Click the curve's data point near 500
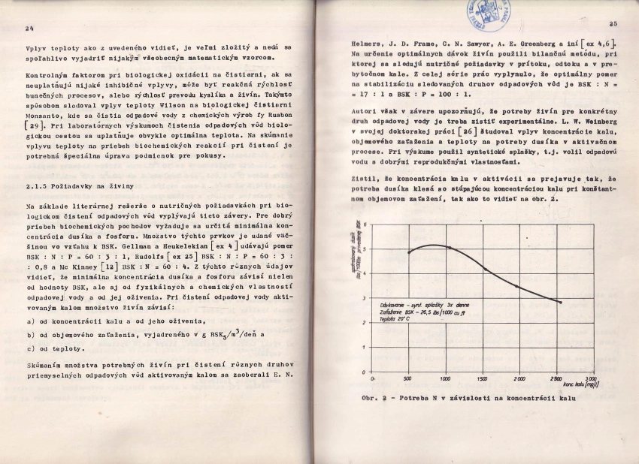408,252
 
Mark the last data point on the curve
560,302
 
